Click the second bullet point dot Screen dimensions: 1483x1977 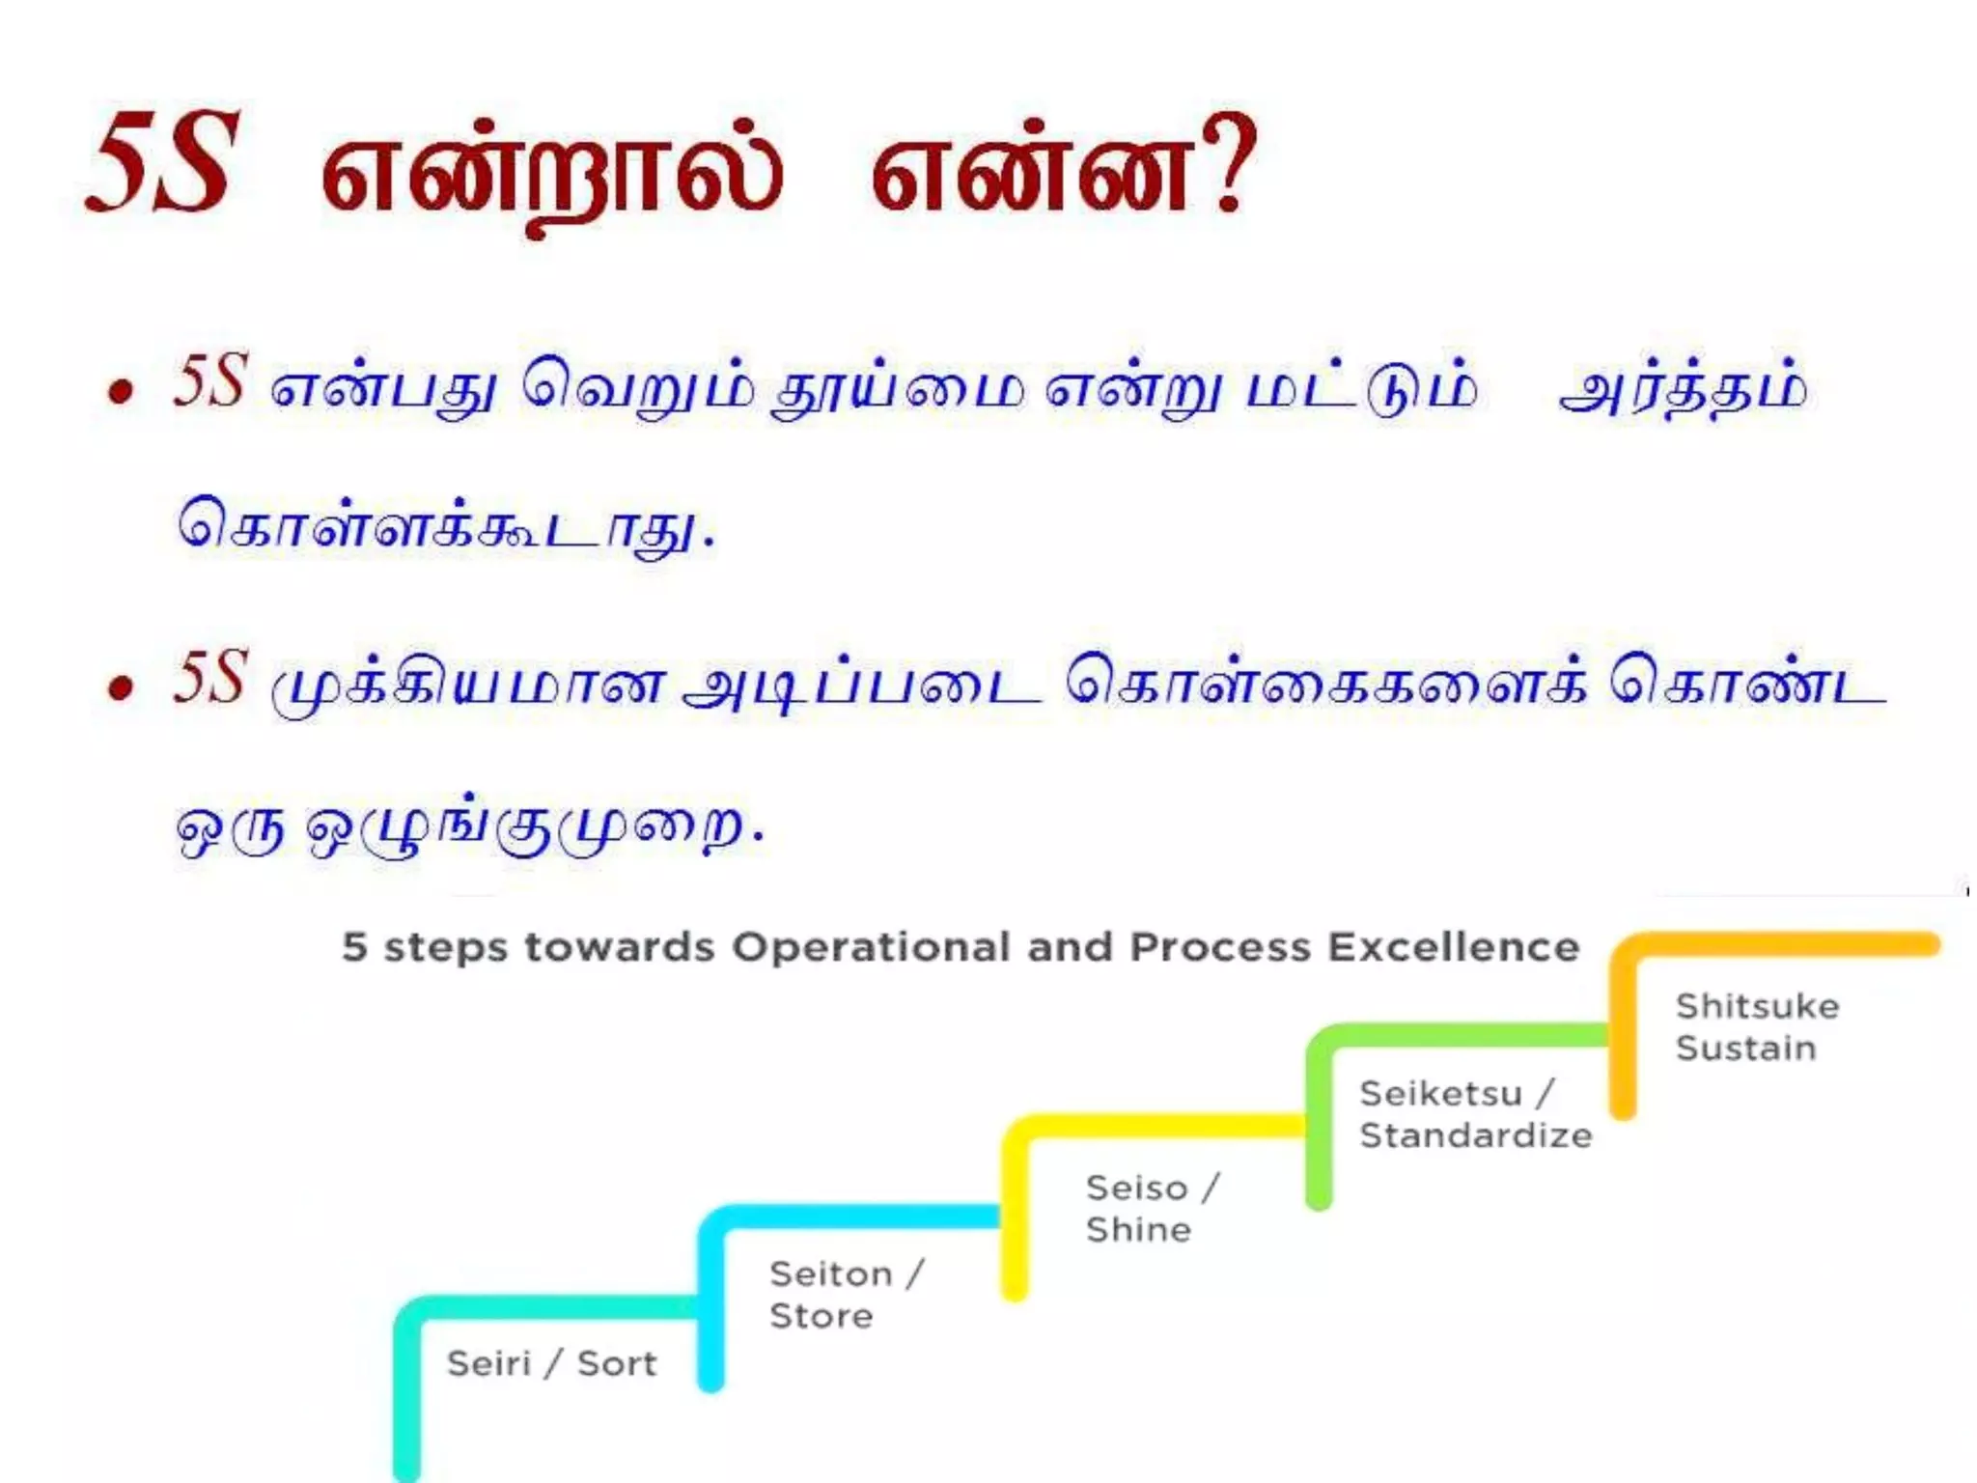click(x=121, y=687)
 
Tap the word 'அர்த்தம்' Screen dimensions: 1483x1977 click(x=1682, y=389)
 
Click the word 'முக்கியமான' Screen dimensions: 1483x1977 click(x=469, y=686)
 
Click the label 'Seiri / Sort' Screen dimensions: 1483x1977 click(x=551, y=1363)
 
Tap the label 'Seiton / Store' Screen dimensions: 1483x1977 click(x=846, y=1295)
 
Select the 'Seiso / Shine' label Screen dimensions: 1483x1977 click(x=1152, y=1208)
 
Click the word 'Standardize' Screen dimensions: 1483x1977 click(x=1475, y=1135)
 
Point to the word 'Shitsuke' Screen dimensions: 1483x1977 click(x=1757, y=1006)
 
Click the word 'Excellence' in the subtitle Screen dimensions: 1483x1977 click(x=1453, y=947)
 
